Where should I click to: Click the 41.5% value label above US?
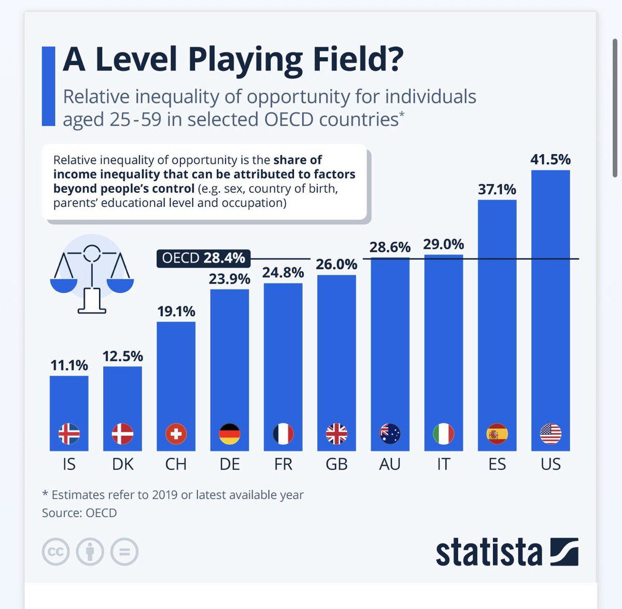(x=550, y=160)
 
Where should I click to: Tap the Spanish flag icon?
(x=497, y=434)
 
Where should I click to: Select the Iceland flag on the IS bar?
(x=69, y=434)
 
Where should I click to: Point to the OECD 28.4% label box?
(x=203, y=258)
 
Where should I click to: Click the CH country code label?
(x=176, y=464)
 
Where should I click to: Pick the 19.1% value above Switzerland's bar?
(x=176, y=311)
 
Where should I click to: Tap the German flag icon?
(x=230, y=434)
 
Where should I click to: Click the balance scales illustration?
(x=92, y=274)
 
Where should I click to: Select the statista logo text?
(x=489, y=551)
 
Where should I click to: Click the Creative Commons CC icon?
(x=55, y=551)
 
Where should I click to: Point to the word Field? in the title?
(x=358, y=60)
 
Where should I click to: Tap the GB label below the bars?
(x=337, y=464)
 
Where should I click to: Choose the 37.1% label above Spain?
(x=497, y=189)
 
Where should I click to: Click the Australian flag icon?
(x=390, y=434)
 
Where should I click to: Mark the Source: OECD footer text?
(x=79, y=513)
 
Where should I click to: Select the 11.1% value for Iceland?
(x=69, y=365)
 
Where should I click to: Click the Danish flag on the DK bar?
(x=122, y=434)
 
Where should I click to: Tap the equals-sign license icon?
(x=124, y=551)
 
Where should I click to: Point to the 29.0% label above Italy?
(x=444, y=245)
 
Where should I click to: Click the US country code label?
(x=550, y=464)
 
